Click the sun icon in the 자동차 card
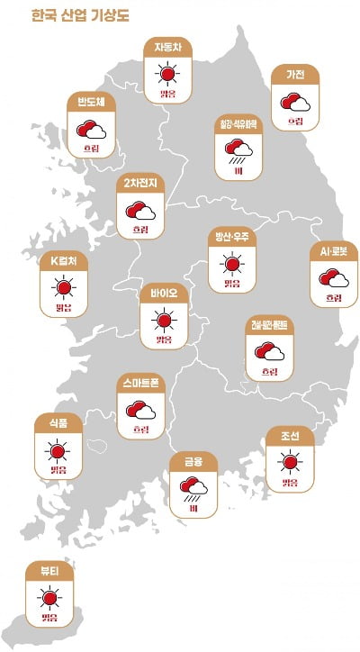pos(166,74)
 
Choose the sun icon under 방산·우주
pos(232,263)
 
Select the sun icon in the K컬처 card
pos(63,287)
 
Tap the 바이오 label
pos(163,294)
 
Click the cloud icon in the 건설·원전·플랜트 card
pos(269,351)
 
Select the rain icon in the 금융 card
pos(193,489)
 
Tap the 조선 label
pos(290,437)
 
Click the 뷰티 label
pos(49,571)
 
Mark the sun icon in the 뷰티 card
pos(50,597)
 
